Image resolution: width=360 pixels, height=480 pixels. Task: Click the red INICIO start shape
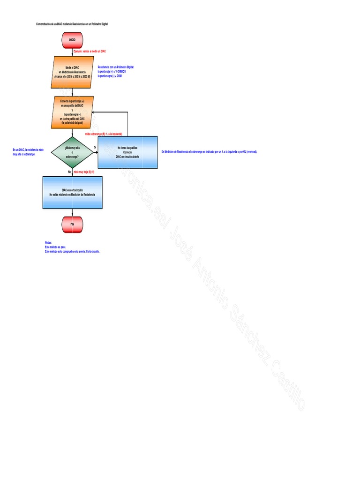pyautogui.click(x=72, y=40)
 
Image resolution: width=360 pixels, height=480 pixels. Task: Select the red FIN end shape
pyautogui.click(x=72, y=224)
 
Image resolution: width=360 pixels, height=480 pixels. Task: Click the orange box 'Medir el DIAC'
pyautogui.click(x=72, y=72)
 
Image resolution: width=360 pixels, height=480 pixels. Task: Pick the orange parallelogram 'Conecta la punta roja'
pyautogui.click(x=72, y=112)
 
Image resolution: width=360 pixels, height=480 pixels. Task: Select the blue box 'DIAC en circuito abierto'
pyautogui.click(x=127, y=152)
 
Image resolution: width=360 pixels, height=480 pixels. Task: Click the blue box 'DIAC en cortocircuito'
pyautogui.click(x=72, y=192)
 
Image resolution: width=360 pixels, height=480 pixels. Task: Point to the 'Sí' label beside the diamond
pyautogui.click(x=95, y=147)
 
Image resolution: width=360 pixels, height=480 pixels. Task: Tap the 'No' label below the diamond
pyautogui.click(x=69, y=172)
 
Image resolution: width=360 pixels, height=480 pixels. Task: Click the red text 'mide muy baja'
pyautogui.click(x=84, y=172)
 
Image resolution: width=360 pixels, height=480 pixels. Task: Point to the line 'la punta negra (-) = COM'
pyautogui.click(x=110, y=75)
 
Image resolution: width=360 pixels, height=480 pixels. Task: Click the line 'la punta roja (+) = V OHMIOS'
pyautogui.click(x=112, y=71)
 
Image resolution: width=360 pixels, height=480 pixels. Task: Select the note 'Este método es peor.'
pyautogui.click(x=55, y=247)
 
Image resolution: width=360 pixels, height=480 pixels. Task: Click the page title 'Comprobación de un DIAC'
pyautogui.click(x=72, y=24)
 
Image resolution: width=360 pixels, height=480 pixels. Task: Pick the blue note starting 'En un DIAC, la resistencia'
pyautogui.click(x=28, y=151)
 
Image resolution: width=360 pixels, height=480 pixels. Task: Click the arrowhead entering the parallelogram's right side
pyautogui.click(x=93, y=112)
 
